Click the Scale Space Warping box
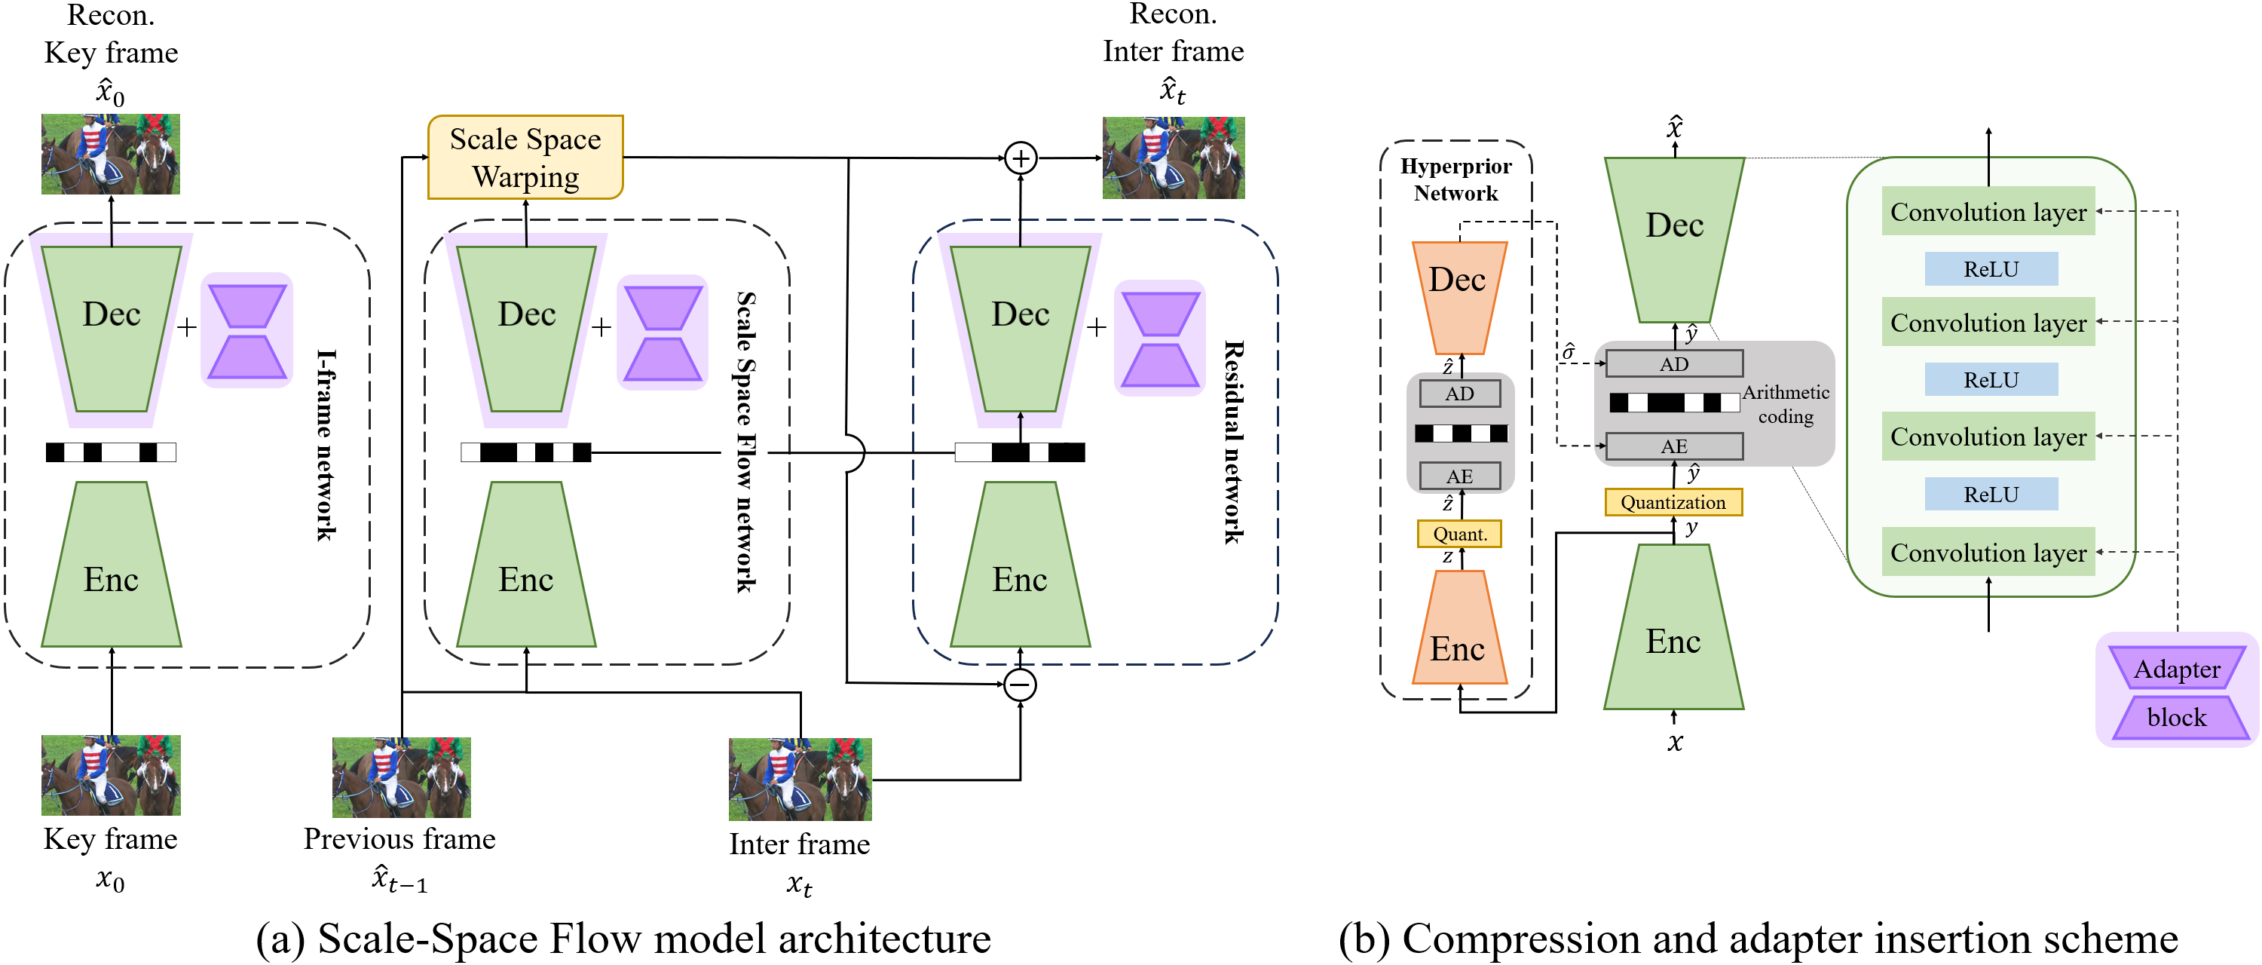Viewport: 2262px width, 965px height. click(x=525, y=157)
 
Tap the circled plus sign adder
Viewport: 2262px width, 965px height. click(x=1021, y=158)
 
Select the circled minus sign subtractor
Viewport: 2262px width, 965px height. click(x=1021, y=685)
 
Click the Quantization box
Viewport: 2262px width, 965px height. click(x=1673, y=502)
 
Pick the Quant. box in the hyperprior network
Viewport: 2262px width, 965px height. click(x=1459, y=534)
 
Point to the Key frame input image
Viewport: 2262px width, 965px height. click(x=112, y=775)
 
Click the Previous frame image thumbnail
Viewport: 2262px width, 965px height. click(x=401, y=777)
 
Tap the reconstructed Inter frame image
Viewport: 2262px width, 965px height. click(x=1173, y=158)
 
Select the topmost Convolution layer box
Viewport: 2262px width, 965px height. click(x=1988, y=212)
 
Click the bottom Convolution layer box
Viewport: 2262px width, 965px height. click(x=1988, y=553)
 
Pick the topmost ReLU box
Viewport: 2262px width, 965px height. click(x=1991, y=268)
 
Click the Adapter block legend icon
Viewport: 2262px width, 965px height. click(x=2177, y=692)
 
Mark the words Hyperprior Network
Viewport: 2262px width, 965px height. click(x=1456, y=179)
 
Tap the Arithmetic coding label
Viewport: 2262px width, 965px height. click(x=1785, y=404)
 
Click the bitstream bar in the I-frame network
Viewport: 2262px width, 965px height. click(x=112, y=452)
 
